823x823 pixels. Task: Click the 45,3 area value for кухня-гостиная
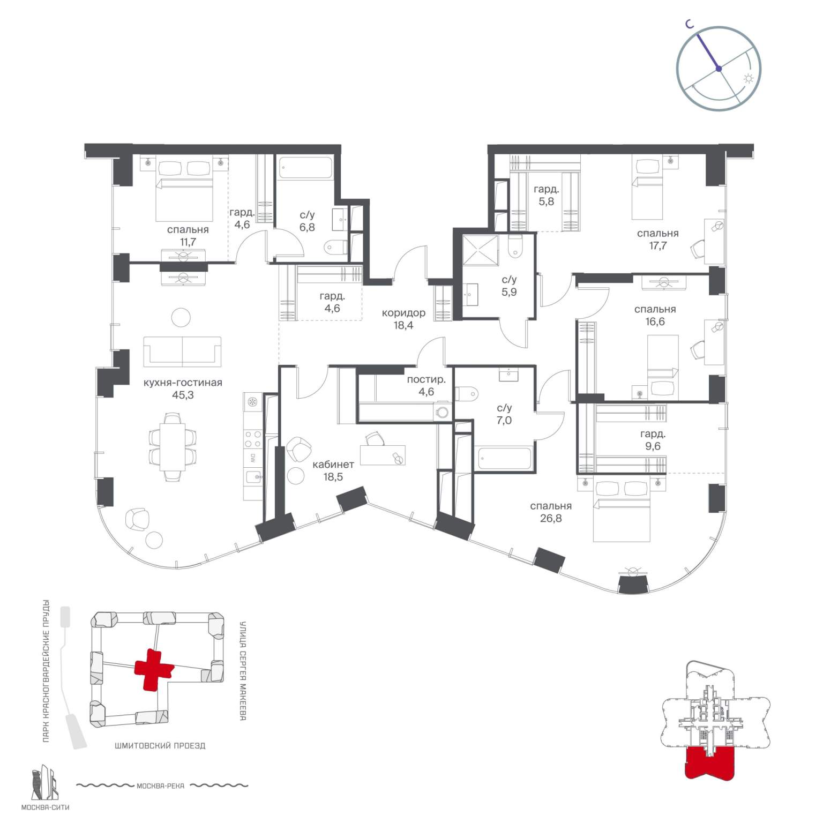[183, 395]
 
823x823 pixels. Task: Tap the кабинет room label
[333, 465]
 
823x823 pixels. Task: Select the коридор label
[403, 313]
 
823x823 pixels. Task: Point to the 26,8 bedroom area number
[551, 518]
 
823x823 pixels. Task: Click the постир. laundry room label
[426, 379]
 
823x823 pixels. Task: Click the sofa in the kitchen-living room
[182, 351]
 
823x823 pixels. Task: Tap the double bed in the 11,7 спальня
[184, 189]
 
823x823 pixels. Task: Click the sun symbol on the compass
[748, 79]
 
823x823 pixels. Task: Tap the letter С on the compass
[691, 24]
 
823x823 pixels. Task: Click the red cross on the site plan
[154, 669]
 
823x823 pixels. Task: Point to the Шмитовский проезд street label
[160, 745]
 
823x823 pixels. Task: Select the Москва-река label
[161, 786]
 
